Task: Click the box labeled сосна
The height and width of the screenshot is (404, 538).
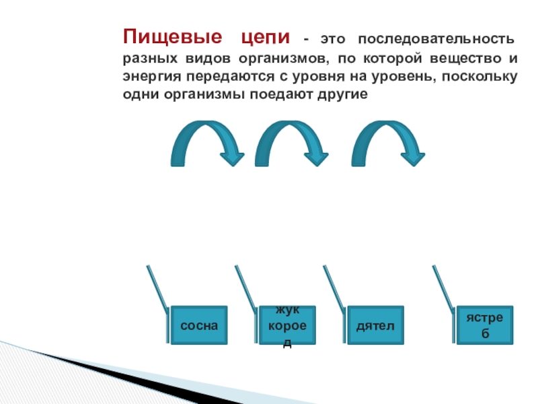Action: tap(199, 325)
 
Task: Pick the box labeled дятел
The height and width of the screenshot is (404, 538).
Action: tap(375, 325)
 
